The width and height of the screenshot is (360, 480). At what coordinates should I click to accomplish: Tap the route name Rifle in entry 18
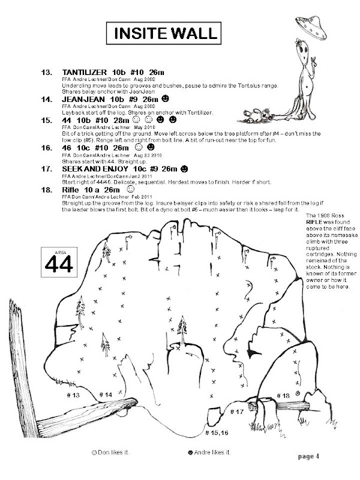pos(74,190)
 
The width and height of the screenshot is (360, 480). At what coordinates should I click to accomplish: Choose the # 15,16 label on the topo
pos(216,433)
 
